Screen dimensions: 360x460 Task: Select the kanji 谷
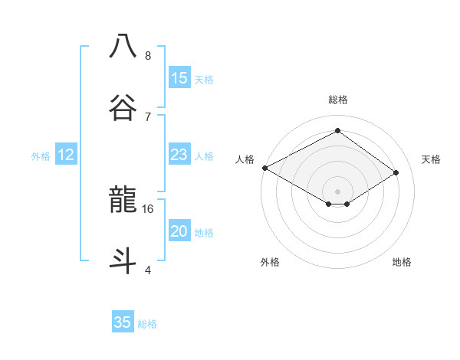123,106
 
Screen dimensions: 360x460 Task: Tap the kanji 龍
123,200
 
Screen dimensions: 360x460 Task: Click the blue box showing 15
179,78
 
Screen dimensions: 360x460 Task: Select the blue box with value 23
179,155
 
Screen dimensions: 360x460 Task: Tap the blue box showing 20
179,231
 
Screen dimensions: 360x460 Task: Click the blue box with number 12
66,155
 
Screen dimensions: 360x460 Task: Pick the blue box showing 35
123,322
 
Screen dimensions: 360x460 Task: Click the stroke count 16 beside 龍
148,208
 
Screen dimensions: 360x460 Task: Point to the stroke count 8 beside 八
148,56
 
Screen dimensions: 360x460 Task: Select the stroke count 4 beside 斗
148,270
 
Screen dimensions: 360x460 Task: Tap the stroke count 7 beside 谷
148,116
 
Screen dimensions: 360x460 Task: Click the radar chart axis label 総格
337,100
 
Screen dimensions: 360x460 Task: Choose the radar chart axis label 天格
431,159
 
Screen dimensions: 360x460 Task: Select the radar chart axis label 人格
245,159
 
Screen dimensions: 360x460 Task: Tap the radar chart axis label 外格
270,262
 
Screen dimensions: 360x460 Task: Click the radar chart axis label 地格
402,262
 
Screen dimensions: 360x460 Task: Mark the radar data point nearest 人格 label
264,167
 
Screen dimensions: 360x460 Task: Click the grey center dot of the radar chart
337,191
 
